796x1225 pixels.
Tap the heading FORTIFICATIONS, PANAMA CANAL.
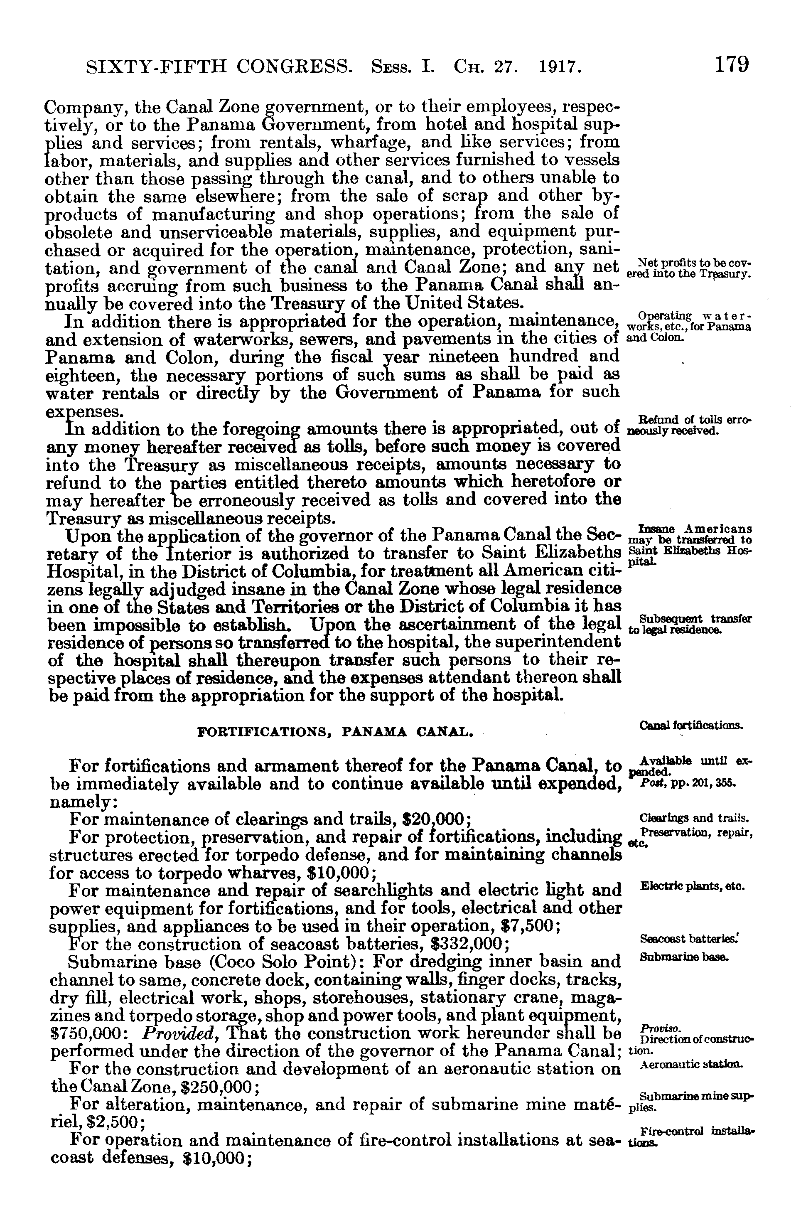[334, 731]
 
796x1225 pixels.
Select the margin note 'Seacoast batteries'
[688, 939]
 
